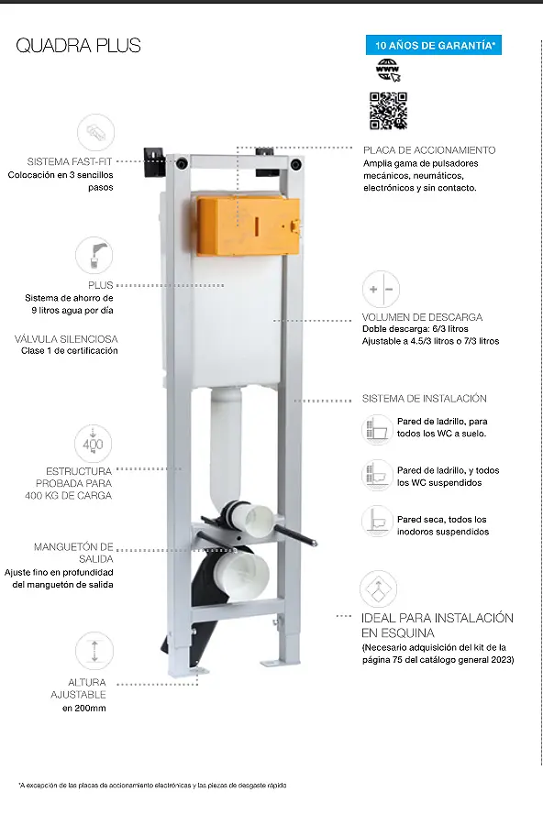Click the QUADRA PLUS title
pos(79,46)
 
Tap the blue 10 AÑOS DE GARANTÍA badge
pos(434,45)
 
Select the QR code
pos(388,111)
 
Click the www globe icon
pos(388,70)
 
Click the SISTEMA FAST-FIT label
pos(70,161)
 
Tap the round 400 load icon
pos(94,444)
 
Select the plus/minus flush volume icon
pos(381,289)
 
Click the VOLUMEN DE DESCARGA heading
pos(422,317)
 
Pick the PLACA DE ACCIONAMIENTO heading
pos(429,150)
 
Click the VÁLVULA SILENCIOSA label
pos(66,339)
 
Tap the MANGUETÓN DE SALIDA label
pos(73,553)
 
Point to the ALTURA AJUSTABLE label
pos(79,688)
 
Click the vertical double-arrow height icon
pos(94,651)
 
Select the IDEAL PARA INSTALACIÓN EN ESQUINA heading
pos(438,625)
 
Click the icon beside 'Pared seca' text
pos(378,522)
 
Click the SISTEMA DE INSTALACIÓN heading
pos(424,399)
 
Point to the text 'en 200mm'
pos(84,709)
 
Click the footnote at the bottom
pos(153,786)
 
